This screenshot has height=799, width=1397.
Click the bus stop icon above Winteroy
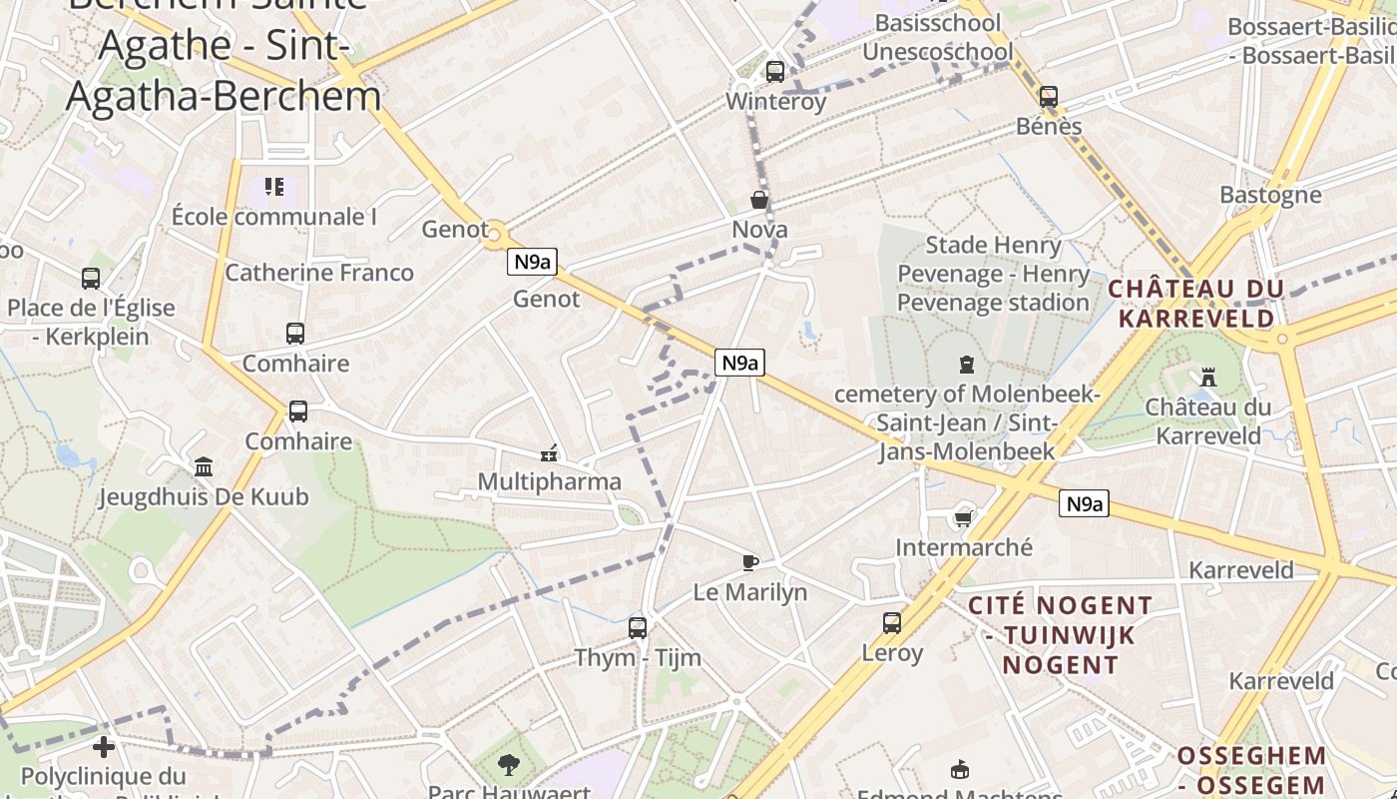(774, 72)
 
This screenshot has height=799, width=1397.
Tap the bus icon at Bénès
(1048, 97)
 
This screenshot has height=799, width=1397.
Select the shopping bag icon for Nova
(759, 201)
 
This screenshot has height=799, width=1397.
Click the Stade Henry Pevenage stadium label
(993, 274)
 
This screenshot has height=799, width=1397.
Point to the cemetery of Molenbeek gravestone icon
(966, 365)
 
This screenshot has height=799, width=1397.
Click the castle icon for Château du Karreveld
(1208, 377)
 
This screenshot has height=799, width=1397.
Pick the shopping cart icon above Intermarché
(963, 517)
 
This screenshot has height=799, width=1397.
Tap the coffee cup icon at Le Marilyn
(750, 562)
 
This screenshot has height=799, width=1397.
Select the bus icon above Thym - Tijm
(637, 627)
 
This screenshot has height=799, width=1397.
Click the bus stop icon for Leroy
(892, 623)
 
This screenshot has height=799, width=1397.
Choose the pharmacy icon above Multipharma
(548, 452)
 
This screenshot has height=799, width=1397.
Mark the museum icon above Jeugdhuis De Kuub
(204, 466)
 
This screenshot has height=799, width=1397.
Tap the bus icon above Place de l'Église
(91, 279)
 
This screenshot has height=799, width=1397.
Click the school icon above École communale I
(274, 187)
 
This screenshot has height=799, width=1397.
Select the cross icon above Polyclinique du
(104, 746)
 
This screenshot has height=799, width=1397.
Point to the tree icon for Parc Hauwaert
(509, 765)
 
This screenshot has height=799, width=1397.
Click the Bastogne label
(1270, 195)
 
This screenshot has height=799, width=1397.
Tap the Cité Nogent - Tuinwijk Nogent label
(1061, 635)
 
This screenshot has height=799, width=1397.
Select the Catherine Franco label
(319, 273)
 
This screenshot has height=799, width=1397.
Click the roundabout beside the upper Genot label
(494, 236)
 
